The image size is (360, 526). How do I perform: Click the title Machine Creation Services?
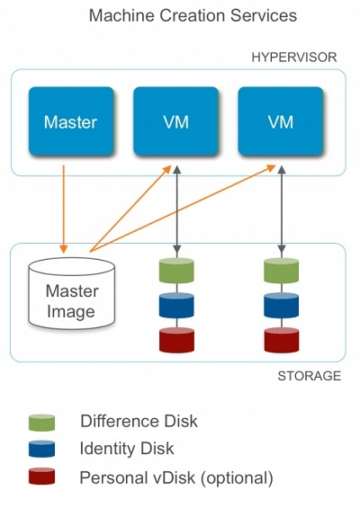(x=180, y=16)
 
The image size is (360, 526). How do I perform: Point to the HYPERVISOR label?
(x=294, y=57)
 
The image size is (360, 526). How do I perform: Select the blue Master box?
(x=70, y=121)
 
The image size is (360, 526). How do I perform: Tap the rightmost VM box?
(x=280, y=121)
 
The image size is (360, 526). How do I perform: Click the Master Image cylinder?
(x=71, y=292)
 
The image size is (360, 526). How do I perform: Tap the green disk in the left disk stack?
(x=176, y=271)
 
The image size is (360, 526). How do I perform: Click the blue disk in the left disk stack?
(x=176, y=305)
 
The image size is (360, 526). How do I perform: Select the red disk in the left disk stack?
(x=176, y=340)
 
